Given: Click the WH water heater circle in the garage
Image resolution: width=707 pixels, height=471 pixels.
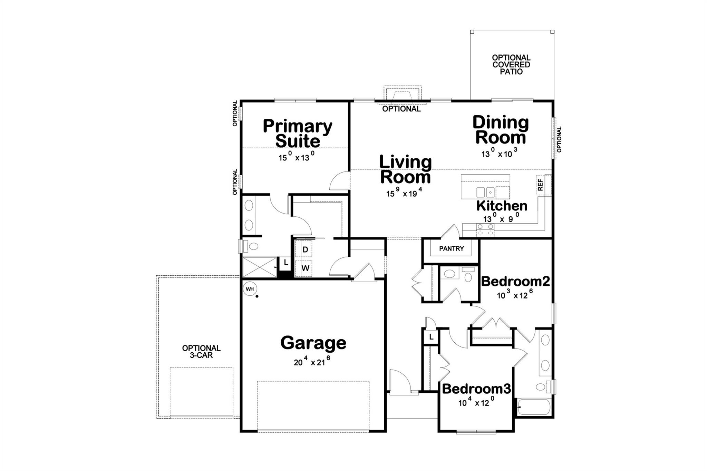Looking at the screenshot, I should point(250,289).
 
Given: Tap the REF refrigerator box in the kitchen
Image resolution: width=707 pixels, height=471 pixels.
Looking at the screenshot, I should point(540,185).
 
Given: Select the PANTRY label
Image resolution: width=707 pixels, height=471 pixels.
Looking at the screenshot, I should point(451,248).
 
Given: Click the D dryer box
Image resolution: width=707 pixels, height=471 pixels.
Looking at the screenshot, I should point(305,249).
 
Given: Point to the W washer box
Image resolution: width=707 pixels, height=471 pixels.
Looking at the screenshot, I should point(305,268).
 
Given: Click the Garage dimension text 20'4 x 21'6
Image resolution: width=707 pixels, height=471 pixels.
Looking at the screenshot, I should point(312,362).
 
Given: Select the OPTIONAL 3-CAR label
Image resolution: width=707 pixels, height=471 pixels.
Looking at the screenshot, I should point(201,352).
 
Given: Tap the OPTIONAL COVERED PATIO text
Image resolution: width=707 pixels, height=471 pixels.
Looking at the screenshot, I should point(511,65).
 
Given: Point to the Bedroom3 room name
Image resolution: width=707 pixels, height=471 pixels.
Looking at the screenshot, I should point(476,389).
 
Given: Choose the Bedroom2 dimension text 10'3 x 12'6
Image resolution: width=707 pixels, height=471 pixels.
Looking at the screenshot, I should point(515,295).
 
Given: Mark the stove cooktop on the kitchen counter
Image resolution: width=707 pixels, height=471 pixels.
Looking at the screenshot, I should point(485,229).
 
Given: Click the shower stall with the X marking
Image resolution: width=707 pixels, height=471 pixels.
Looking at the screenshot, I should point(260,267).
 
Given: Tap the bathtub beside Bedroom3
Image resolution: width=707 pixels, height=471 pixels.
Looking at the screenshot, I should point(534,407).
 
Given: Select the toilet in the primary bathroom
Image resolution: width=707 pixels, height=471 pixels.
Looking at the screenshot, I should point(251,246).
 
